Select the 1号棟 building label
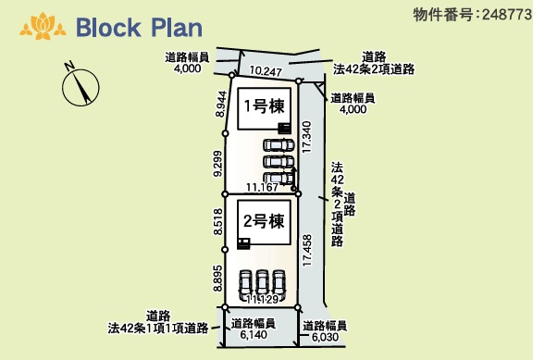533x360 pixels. [259, 106]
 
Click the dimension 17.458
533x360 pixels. [307, 251]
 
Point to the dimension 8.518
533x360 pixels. [218, 222]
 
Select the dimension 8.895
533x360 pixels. [218, 278]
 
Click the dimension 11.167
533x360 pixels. [263, 188]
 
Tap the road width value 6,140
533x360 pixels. [254, 336]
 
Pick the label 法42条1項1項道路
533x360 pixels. [156, 328]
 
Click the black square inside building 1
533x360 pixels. [284, 128]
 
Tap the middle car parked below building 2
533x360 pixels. [262, 281]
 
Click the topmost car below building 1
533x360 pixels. [279, 145]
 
